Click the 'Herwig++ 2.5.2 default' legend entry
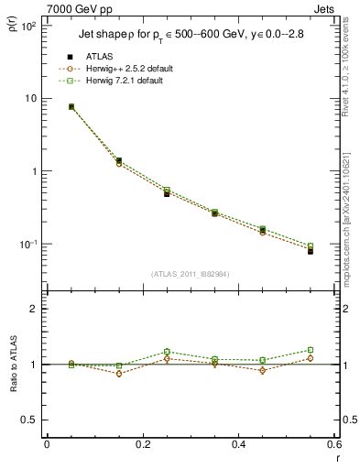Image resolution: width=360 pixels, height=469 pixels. pos(133,69)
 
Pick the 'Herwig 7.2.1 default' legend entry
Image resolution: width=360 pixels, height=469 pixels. pos(130,81)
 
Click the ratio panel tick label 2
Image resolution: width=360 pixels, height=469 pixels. pos(34,310)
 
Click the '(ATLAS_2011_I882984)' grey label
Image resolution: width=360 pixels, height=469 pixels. pos(191,274)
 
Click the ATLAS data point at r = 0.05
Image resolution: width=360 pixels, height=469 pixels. pos(71,107)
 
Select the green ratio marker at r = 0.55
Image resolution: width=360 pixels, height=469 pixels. pos(311,350)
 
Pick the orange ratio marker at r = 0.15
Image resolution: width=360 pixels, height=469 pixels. pos(119,374)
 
